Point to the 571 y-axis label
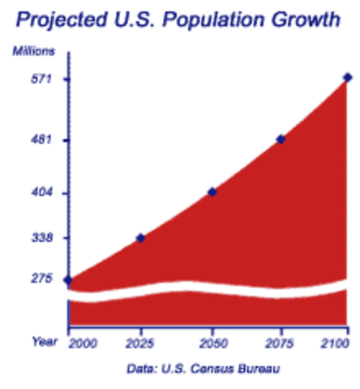41,79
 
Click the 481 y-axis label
41,140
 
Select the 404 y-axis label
41,193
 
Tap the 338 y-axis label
41,238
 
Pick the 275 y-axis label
41,279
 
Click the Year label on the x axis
45,341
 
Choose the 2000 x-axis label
82,342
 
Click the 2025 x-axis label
141,342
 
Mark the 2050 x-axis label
212,342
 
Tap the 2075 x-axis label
281,342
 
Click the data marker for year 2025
140,237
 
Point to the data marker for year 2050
212,192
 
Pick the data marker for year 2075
281,139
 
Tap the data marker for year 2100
347,78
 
